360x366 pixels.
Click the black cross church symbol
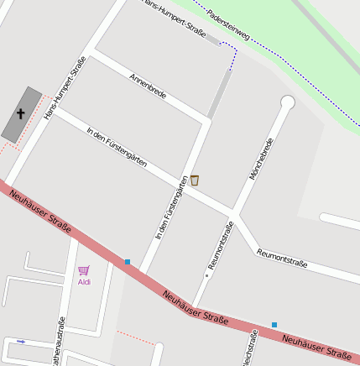21,112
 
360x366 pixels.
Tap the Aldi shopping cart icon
84,270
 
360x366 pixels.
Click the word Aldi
84,282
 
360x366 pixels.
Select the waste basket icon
195,180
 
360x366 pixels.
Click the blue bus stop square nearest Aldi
128,262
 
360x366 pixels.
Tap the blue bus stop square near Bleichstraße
274,324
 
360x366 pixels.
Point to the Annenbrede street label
148,86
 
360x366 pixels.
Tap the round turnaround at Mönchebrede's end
288,102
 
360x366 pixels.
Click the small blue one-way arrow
21,342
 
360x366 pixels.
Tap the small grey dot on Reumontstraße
206,274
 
